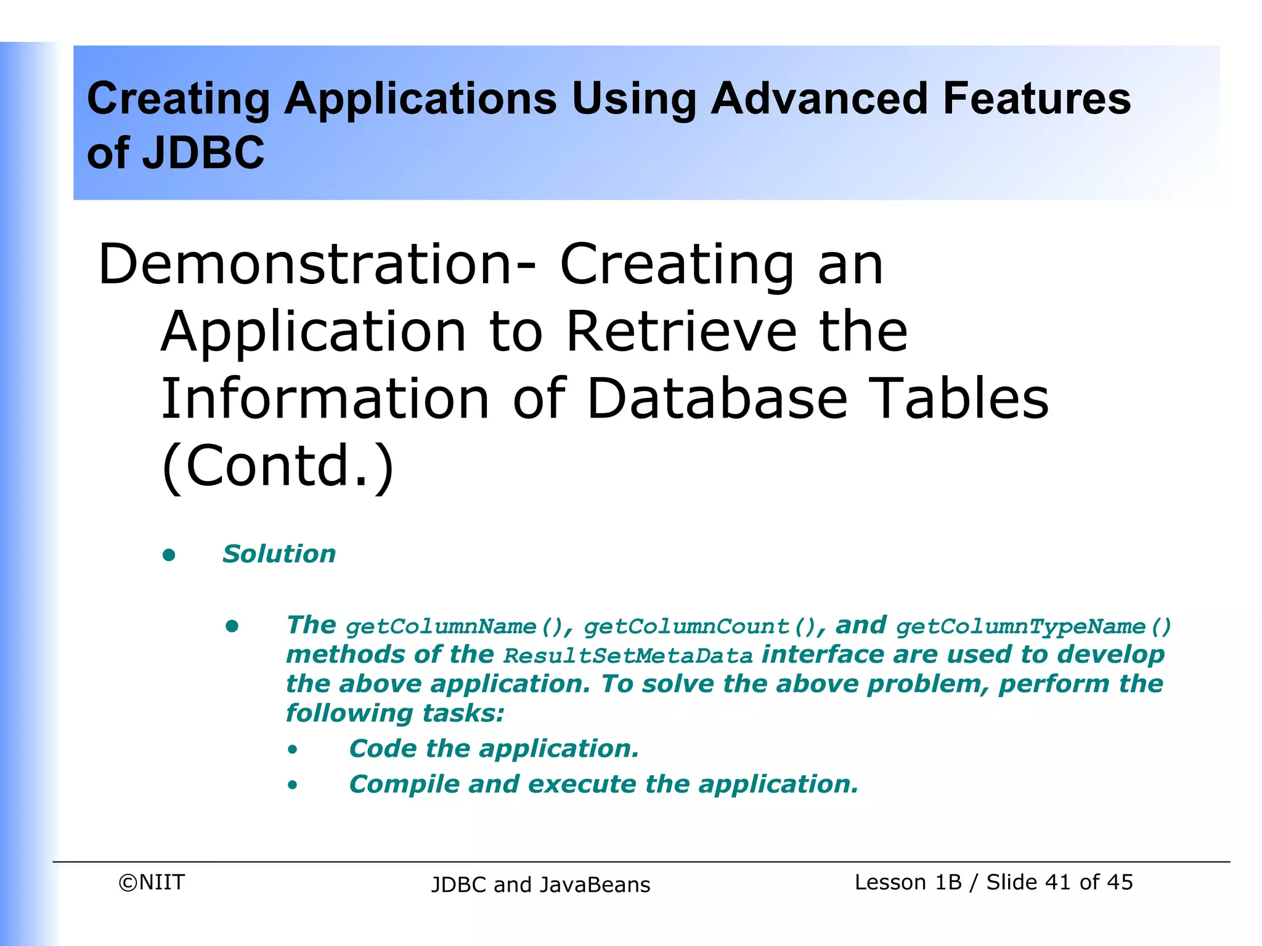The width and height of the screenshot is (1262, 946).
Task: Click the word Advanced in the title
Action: tap(819, 99)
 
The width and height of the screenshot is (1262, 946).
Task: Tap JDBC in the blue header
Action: tap(203, 153)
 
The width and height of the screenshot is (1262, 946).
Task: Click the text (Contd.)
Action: tap(277, 466)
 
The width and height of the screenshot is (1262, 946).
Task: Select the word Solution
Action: tap(279, 554)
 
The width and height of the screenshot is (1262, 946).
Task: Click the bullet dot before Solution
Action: tap(169, 556)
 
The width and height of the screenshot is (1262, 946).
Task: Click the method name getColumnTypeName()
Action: tap(1033, 627)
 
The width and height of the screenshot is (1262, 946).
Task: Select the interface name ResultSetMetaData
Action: tap(628, 656)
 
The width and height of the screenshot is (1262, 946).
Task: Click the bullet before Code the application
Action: tap(293, 750)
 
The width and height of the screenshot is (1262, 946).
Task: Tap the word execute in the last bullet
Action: tap(582, 785)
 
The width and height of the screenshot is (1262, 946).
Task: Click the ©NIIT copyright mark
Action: tap(152, 883)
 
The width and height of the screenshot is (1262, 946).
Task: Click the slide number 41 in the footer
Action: tap(1057, 883)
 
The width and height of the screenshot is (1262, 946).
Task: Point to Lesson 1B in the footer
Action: tap(908, 883)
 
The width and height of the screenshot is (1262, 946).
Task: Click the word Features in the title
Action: tap(1036, 99)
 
